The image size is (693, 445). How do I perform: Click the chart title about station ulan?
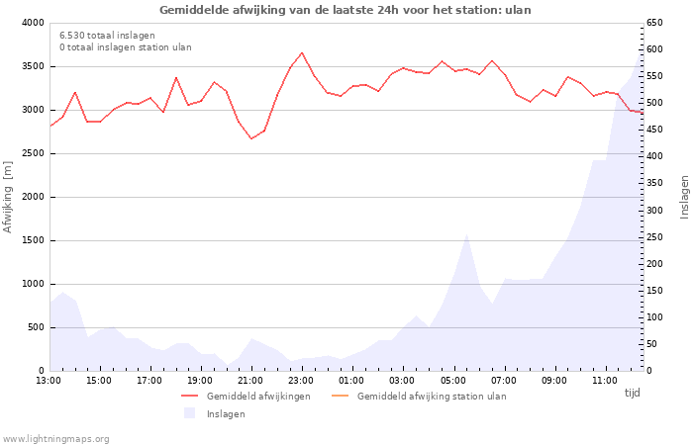pos(346,10)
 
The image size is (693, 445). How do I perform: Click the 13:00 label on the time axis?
pos(49,380)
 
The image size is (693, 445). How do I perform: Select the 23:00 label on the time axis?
pos(301,380)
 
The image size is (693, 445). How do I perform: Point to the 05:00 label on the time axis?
pos(452,380)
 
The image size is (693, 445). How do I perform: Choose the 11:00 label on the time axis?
pos(604,380)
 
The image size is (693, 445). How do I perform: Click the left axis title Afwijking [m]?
pos(9,197)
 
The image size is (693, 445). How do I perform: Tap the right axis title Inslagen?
pos(683,197)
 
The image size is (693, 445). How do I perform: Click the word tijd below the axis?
pos(632,393)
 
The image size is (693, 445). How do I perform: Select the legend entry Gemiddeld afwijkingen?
pos(257,396)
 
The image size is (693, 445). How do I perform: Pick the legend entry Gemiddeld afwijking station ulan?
pos(431,396)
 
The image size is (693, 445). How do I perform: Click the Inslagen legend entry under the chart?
pos(225,413)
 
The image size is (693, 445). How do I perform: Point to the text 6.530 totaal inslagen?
pos(107,35)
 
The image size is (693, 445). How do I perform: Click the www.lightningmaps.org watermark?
pos(56,438)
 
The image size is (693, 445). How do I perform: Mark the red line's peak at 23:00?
pos(302,53)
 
